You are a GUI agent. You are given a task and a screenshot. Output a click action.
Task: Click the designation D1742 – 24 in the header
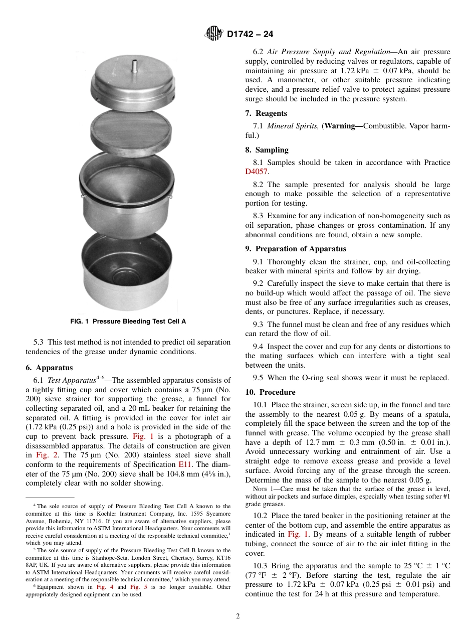[250, 35]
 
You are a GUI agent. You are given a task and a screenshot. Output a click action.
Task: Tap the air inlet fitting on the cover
[134, 66]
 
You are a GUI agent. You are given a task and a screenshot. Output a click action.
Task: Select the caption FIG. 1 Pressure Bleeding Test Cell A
[128, 322]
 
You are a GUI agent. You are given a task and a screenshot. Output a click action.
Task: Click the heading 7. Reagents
[266, 113]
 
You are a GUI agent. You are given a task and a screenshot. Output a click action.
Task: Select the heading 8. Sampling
[267, 149]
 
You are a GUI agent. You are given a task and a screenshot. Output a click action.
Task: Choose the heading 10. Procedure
[270, 392]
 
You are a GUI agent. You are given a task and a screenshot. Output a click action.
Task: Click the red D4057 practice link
[257, 172]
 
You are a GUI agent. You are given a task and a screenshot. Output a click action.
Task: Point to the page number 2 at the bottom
[238, 616]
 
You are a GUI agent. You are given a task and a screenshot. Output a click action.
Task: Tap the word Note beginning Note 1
[261, 490]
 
